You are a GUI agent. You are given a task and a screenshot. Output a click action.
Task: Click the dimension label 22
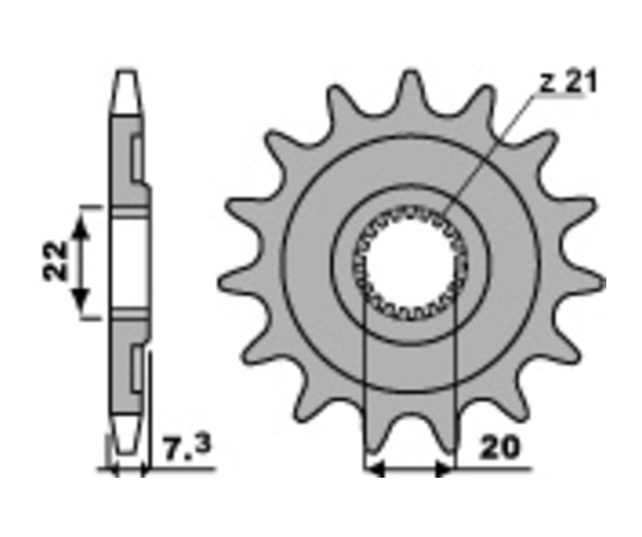(56, 261)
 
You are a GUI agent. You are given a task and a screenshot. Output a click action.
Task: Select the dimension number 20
(500, 448)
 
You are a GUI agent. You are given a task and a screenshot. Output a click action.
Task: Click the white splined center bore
(410, 263)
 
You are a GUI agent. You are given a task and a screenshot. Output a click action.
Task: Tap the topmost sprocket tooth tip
(410, 74)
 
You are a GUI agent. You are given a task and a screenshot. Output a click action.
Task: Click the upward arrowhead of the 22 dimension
(81, 226)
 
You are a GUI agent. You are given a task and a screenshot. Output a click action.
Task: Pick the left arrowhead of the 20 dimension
(374, 468)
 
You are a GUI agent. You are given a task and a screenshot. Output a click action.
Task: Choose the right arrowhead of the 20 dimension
(444, 468)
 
